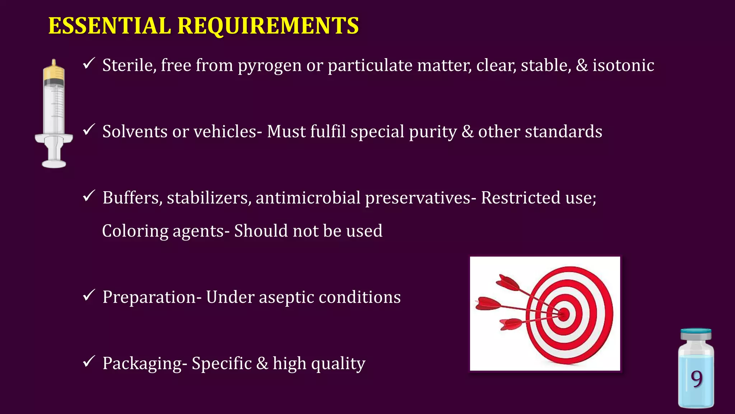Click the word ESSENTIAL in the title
[109, 26]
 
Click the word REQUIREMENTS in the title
[268, 26]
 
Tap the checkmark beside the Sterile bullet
[88, 64]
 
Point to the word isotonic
[623, 65]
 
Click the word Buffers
[132, 198]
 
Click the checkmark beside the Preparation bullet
[88, 295]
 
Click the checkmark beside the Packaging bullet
[88, 362]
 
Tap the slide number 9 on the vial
[696, 379]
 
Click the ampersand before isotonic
[582, 65]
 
